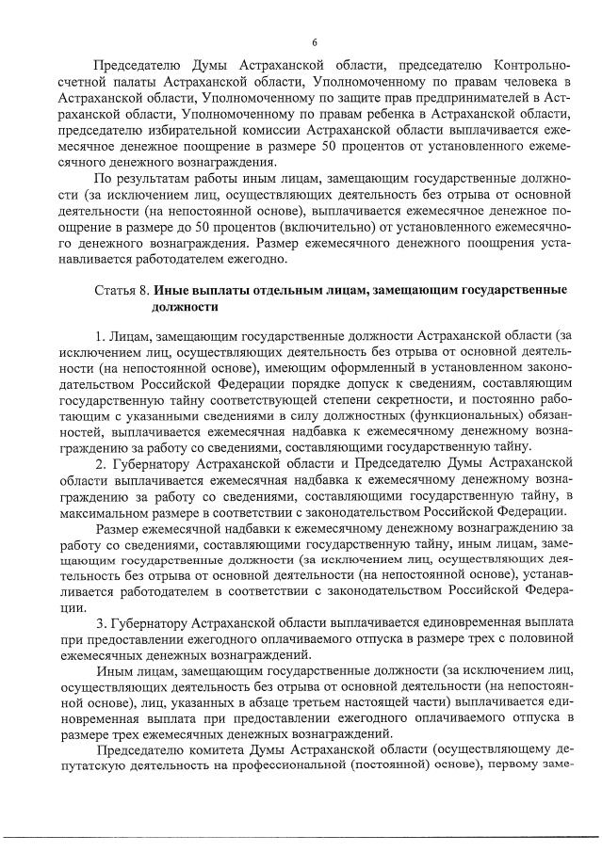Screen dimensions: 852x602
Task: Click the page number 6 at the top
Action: click(315, 40)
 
